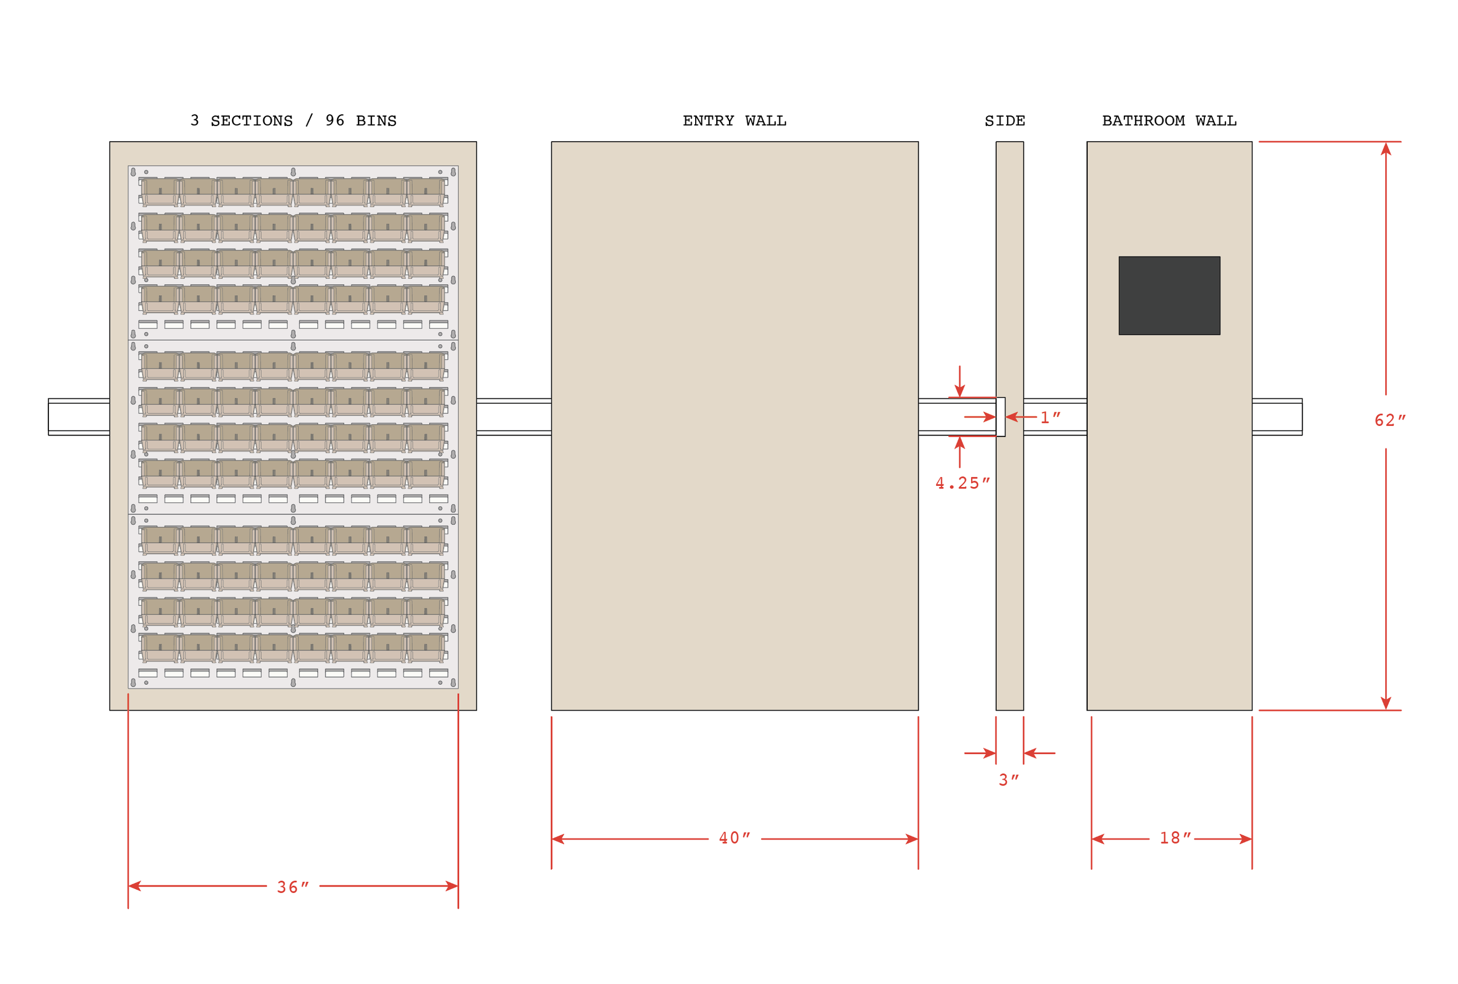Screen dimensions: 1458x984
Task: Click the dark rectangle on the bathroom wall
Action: click(x=1169, y=295)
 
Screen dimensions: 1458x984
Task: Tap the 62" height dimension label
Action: click(x=1389, y=420)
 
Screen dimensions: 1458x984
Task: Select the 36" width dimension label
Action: click(x=293, y=887)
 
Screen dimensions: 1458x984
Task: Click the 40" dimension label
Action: click(x=734, y=838)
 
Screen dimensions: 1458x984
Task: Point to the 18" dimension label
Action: click(x=1175, y=838)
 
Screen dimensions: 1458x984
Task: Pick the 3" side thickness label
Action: click(x=1008, y=779)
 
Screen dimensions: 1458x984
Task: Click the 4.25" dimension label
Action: click(x=962, y=483)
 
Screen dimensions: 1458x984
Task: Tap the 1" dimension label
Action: click(x=1050, y=417)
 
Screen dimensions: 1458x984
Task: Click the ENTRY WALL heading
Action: click(x=734, y=121)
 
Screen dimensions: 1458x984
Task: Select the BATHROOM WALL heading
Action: click(x=1169, y=121)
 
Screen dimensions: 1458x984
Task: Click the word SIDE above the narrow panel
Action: click(x=1004, y=121)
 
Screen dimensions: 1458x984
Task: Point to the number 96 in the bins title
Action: click(x=334, y=121)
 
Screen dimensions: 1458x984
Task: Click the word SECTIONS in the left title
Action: click(x=251, y=121)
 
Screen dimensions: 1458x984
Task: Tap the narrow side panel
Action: click(x=1010, y=565)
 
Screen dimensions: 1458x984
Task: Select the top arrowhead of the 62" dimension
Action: click(x=1386, y=149)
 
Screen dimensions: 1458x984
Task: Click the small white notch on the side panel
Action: click(x=1000, y=416)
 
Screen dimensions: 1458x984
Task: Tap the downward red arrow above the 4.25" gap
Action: click(x=959, y=389)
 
